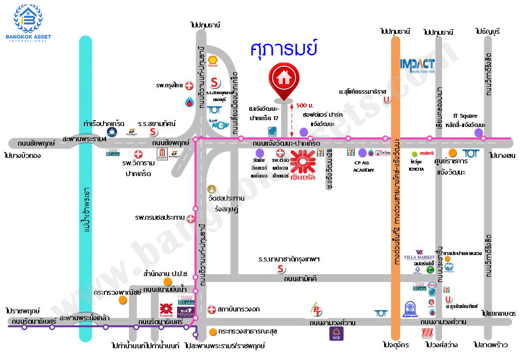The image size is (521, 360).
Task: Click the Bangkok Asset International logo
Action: (28, 23)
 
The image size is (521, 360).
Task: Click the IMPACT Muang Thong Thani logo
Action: (417, 66)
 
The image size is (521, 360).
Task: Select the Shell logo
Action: (213, 61)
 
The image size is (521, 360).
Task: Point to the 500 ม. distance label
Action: (305, 106)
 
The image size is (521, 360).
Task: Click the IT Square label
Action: (465, 116)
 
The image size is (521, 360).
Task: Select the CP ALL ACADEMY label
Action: (364, 166)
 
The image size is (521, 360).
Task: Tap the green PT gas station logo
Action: (317, 310)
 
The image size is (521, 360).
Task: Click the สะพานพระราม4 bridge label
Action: (84, 140)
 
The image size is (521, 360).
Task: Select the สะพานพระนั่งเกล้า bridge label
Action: (84, 318)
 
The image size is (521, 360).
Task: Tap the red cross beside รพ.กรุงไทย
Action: (189, 86)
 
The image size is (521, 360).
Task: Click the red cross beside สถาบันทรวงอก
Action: (211, 309)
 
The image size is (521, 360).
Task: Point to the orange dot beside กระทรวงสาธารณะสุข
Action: (212, 332)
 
